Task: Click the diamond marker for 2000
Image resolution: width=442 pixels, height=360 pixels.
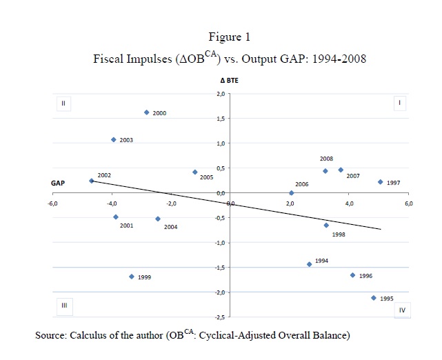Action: [147, 112]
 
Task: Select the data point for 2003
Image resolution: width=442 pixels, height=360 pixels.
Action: [114, 140]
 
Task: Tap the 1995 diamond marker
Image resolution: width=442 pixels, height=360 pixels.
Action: [374, 298]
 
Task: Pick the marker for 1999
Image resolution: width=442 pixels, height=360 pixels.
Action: [132, 277]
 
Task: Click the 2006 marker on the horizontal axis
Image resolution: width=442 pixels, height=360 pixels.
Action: [292, 193]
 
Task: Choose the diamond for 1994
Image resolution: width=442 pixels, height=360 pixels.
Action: [310, 264]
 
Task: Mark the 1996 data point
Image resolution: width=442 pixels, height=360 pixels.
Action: [352, 275]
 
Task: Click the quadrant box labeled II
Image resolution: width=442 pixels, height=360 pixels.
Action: [63, 104]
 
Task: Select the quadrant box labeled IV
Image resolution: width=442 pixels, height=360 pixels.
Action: [402, 310]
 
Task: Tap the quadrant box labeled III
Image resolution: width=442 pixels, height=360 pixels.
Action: [63, 305]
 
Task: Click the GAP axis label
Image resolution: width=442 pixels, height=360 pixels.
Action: [59, 183]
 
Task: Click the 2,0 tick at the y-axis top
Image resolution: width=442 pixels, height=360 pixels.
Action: [220, 94]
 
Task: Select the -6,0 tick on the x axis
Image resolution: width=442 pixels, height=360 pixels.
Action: [53, 204]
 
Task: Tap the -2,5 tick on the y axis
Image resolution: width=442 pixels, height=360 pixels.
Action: [219, 317]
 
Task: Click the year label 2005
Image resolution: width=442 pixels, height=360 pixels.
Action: [206, 177]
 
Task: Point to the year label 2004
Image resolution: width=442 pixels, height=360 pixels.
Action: [170, 227]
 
